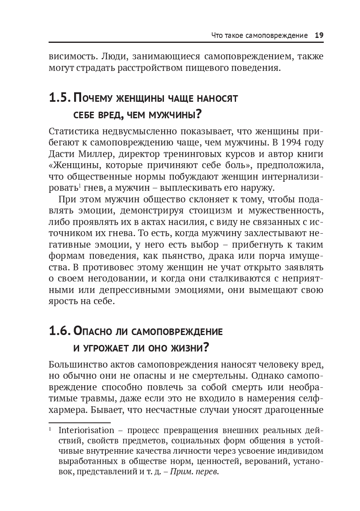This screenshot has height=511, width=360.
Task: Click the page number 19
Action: [x=319, y=35]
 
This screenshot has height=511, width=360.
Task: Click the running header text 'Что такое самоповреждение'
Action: [x=259, y=35]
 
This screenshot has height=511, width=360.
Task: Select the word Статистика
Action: [x=77, y=131]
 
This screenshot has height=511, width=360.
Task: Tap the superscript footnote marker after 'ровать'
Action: [x=78, y=186]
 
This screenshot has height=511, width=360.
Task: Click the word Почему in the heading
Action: [x=94, y=99]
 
